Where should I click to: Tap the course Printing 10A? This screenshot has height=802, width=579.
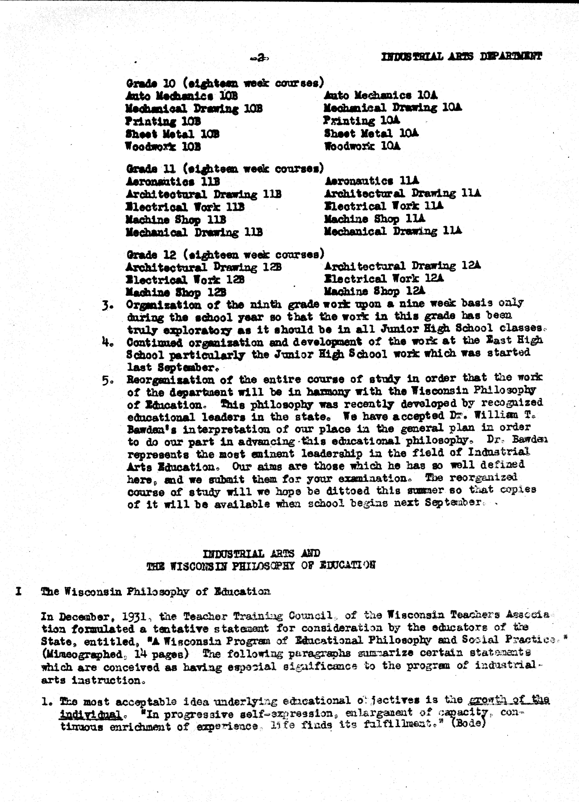tap(361, 121)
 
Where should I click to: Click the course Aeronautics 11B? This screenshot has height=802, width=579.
tap(173, 182)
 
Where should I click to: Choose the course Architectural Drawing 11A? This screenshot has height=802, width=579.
tap(402, 193)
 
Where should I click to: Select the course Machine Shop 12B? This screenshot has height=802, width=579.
tap(176, 292)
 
